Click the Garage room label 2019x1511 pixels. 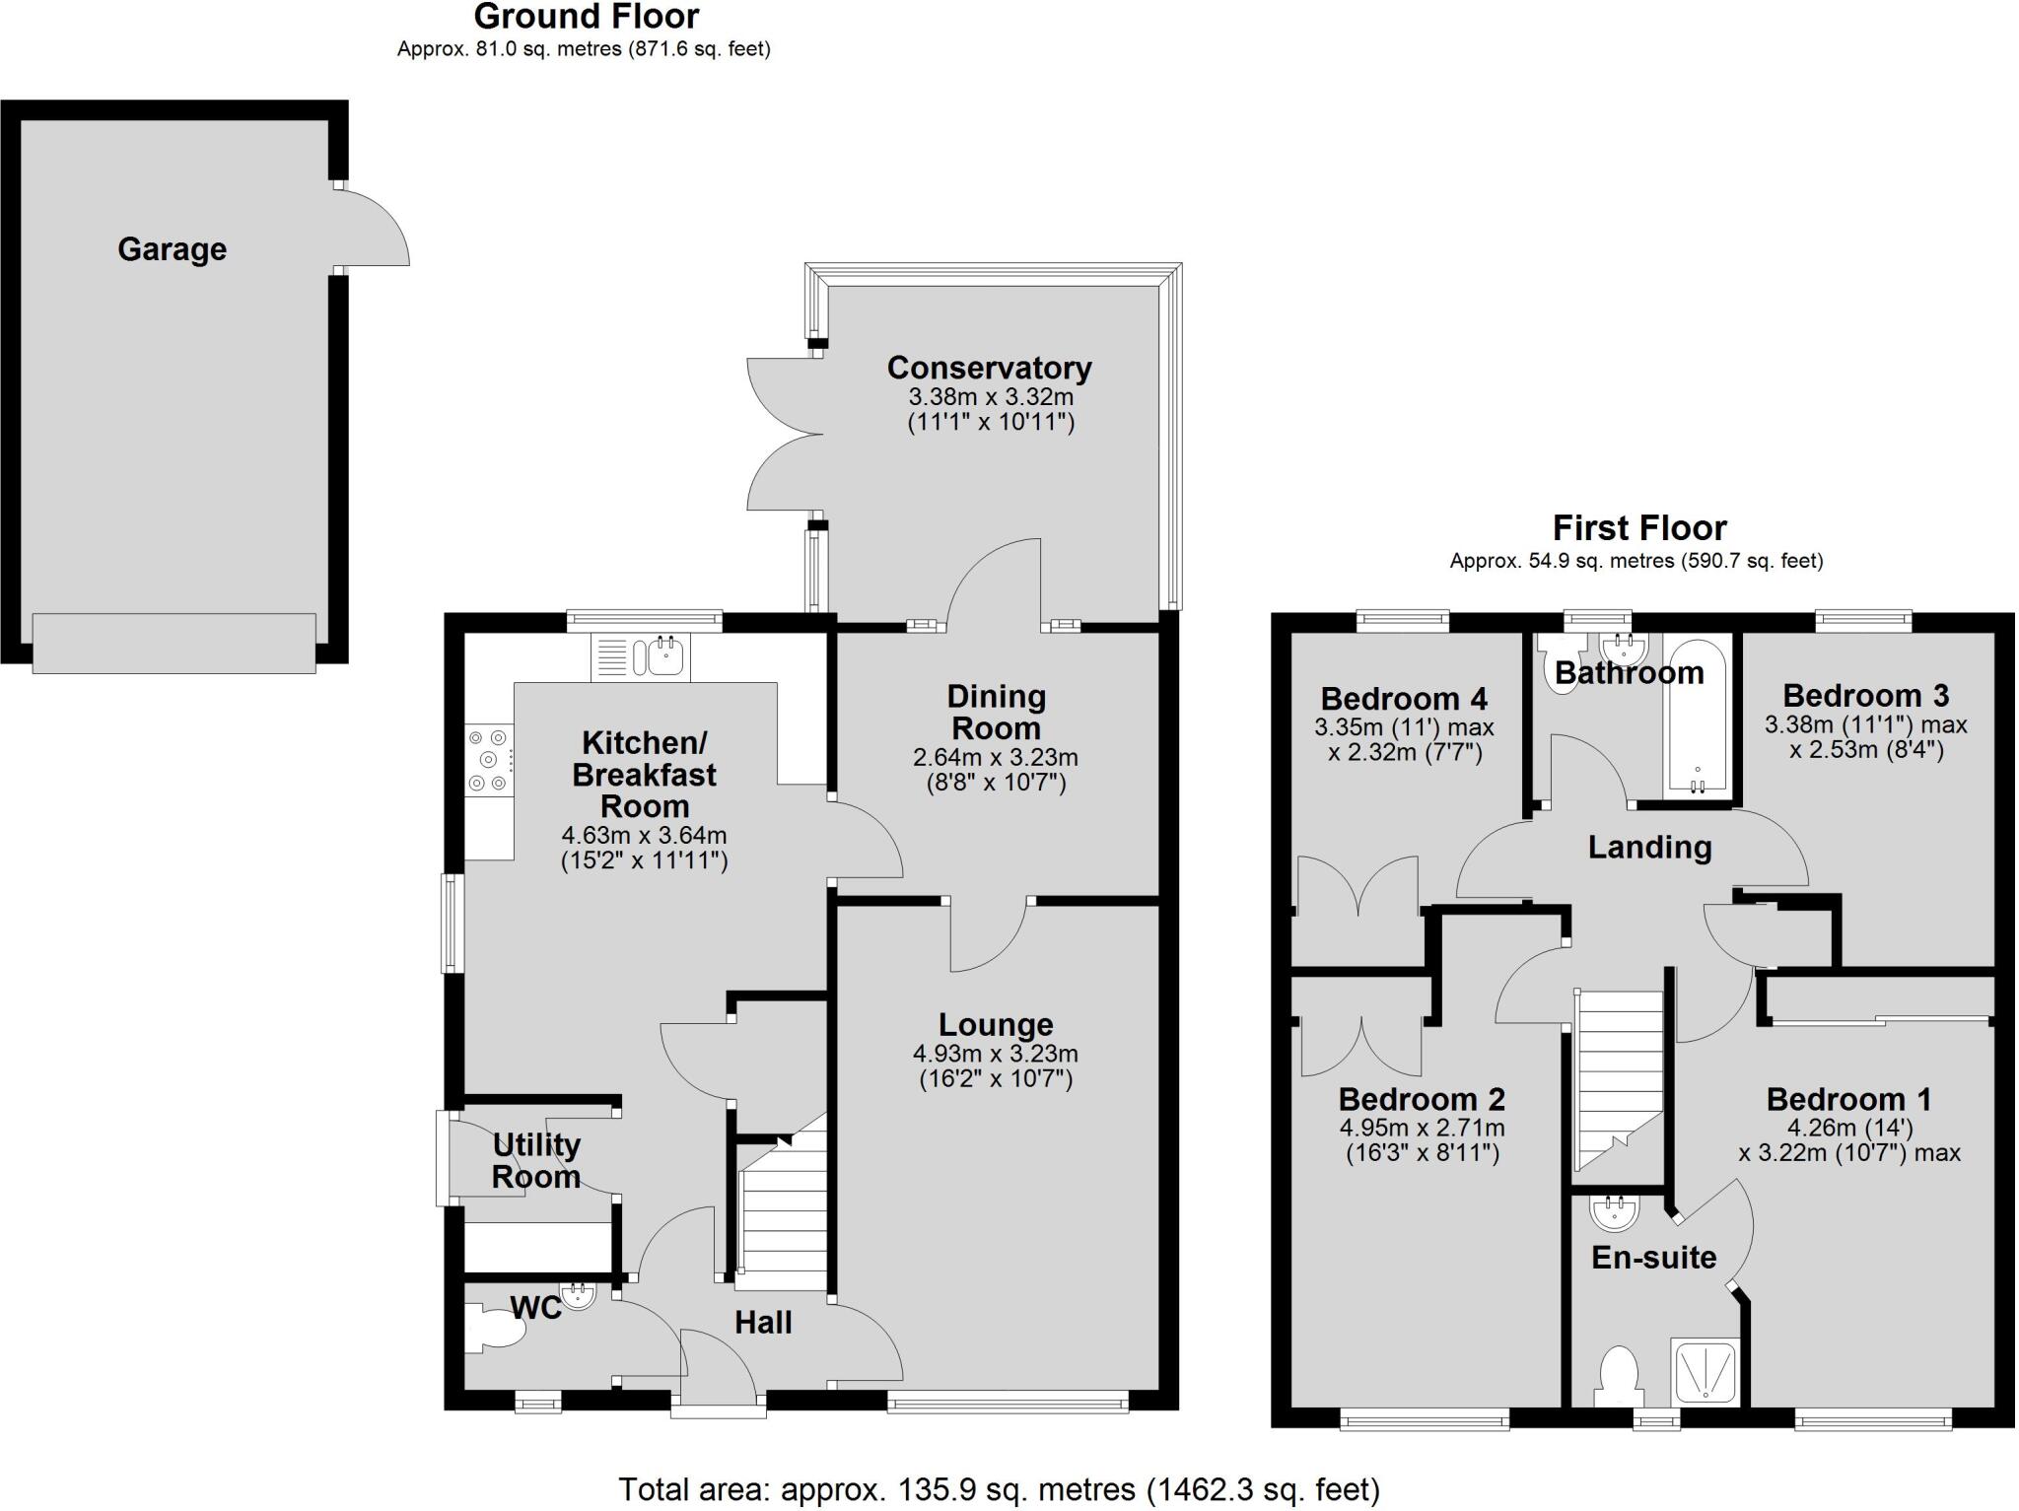pos(172,249)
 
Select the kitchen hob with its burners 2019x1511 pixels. pos(489,759)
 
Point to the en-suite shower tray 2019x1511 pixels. pos(1704,1370)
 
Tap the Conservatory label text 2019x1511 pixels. pos(989,368)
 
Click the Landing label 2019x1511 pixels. pos(1649,848)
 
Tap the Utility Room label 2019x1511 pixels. pos(535,1160)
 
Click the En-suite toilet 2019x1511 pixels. pos(1619,1376)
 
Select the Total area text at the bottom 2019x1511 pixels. pos(999,1489)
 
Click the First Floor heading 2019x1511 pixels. pos(1638,528)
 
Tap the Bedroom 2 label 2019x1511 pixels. pos(1422,1098)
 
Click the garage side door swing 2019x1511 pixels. pos(373,227)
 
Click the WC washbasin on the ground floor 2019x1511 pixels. pos(577,1295)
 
